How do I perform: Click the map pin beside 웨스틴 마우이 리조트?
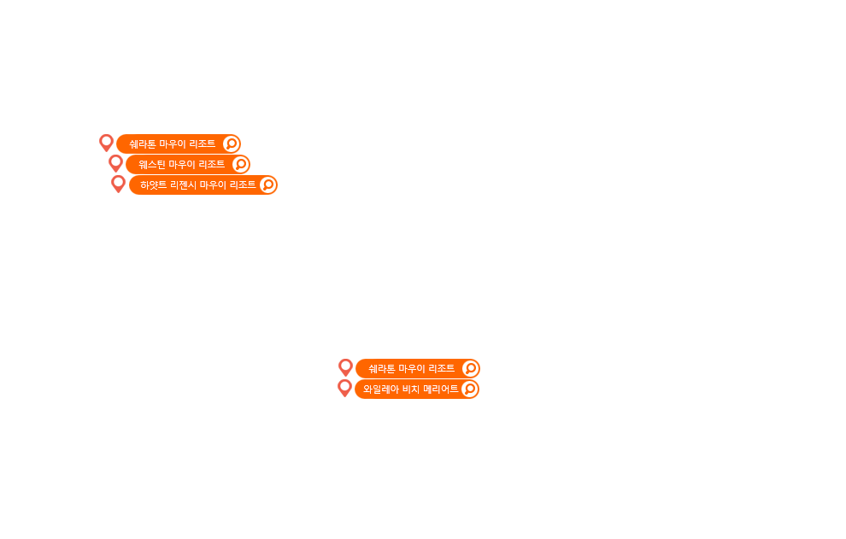click(x=115, y=163)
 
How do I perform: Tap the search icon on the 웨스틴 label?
click(x=241, y=164)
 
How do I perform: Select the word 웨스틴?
click(x=152, y=164)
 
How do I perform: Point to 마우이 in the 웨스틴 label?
click(x=182, y=164)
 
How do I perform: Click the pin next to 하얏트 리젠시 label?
click(x=118, y=184)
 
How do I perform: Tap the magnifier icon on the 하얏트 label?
click(x=267, y=185)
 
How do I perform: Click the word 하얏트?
click(x=153, y=185)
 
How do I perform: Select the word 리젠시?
click(x=183, y=185)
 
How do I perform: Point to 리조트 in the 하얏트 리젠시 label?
click(x=242, y=185)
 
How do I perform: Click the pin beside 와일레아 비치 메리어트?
click(x=344, y=388)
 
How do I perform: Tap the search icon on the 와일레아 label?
click(x=469, y=389)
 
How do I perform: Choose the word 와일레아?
click(x=381, y=389)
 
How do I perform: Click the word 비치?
click(x=411, y=389)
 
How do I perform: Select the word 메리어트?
click(x=441, y=389)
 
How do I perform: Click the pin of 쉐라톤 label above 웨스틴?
click(x=106, y=143)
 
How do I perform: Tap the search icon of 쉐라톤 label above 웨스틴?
click(x=231, y=144)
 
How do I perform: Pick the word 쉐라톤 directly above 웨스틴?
click(x=143, y=144)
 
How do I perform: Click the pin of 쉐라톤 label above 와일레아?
click(x=345, y=367)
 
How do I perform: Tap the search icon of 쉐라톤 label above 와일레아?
click(x=470, y=368)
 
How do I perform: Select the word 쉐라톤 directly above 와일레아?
click(x=382, y=368)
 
